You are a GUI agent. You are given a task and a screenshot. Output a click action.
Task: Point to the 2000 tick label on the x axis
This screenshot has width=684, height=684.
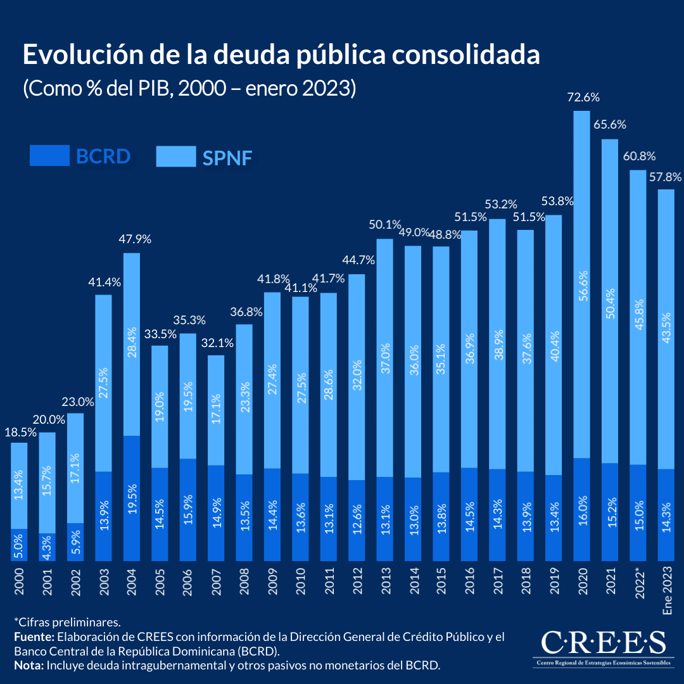pyautogui.click(x=19, y=582)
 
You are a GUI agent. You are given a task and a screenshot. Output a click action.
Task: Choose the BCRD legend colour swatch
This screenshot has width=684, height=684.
pyautogui.click(x=49, y=156)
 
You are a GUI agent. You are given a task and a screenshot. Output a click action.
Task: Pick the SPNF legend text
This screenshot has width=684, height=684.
pyautogui.click(x=227, y=157)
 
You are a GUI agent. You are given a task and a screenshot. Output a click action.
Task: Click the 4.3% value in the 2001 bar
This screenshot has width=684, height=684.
pyautogui.click(x=47, y=547)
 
